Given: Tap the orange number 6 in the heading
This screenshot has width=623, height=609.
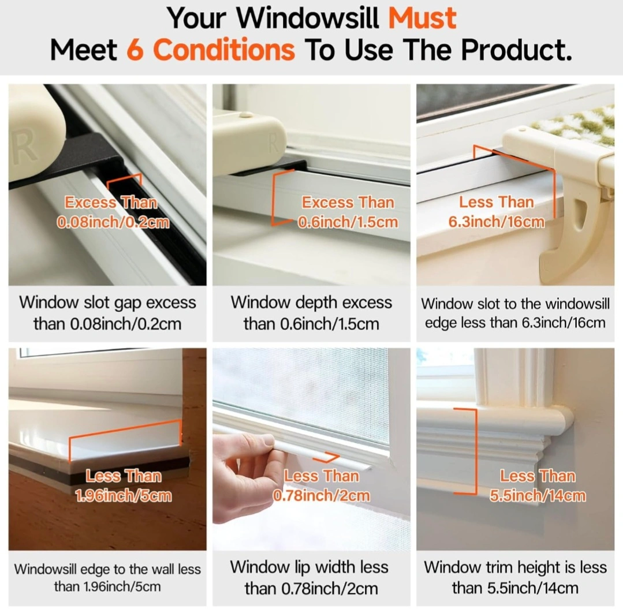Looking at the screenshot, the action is click(135, 50).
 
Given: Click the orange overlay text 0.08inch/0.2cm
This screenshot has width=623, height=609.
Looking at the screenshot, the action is click(113, 222).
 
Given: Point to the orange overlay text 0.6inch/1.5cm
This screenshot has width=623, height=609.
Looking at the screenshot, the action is click(348, 222).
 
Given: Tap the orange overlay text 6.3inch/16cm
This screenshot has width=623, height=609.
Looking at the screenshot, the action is click(496, 222).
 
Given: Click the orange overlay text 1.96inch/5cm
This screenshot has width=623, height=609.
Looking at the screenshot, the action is click(124, 495).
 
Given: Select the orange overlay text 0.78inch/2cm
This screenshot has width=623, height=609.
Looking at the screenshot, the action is click(322, 495).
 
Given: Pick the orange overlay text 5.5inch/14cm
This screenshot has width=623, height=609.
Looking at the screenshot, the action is click(538, 495).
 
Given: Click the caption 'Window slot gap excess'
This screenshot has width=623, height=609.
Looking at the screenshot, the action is click(107, 302).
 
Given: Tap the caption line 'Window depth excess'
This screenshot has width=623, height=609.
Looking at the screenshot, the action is click(311, 302).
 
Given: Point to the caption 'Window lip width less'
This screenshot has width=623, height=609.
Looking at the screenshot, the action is click(309, 567).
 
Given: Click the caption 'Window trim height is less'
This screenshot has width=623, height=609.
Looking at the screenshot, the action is click(516, 567).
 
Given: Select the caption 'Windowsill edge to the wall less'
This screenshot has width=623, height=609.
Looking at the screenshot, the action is click(107, 569).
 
